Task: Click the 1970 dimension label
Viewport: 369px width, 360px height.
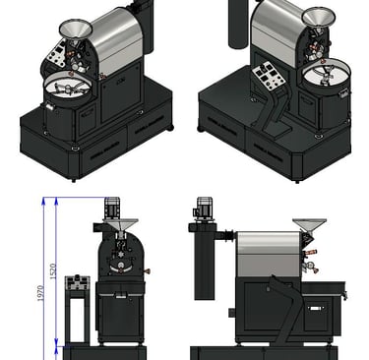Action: coord(40,293)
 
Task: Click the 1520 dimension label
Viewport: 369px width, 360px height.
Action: coord(53,271)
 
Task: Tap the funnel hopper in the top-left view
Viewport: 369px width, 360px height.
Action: coord(76,29)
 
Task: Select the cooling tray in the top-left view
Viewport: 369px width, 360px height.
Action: coord(68,88)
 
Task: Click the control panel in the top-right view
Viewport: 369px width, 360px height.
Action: coord(269,76)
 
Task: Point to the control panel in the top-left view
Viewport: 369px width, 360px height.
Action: coord(56,54)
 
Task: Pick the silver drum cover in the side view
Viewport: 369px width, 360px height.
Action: coord(269,254)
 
